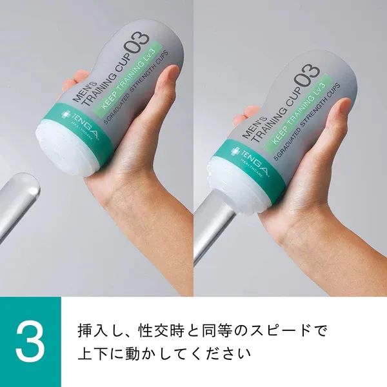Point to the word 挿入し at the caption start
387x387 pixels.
tap(96, 332)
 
